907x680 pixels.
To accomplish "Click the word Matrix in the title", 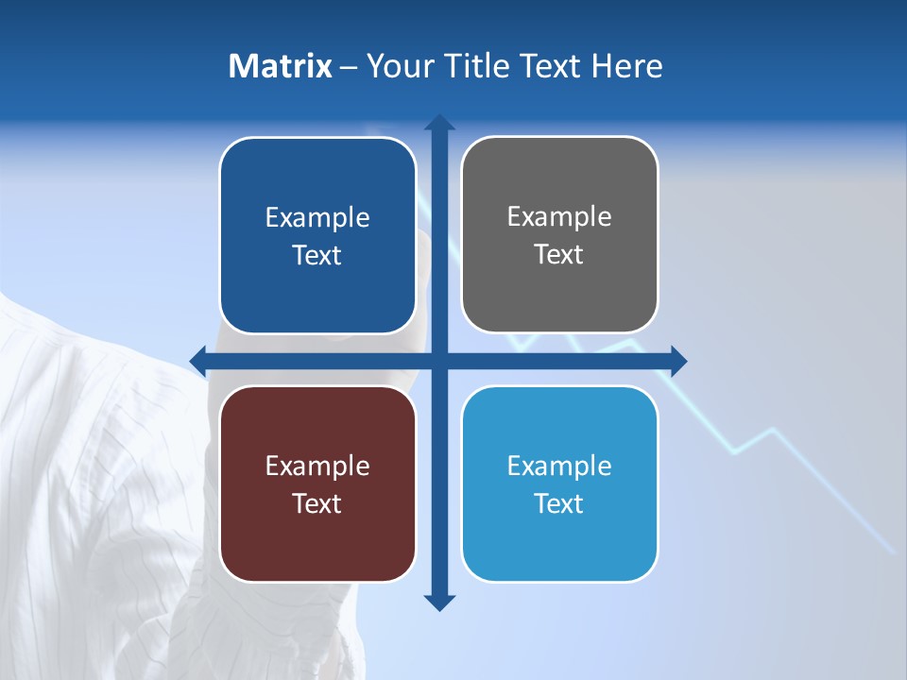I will click(281, 66).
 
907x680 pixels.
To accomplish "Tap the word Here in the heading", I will click(626, 66).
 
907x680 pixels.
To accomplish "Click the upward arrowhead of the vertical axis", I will click(438, 122).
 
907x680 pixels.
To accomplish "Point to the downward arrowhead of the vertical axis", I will click(438, 603).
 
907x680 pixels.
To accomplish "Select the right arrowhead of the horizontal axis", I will click(678, 360).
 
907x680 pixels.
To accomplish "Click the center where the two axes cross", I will click(438, 360).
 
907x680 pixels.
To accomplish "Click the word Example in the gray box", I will click(559, 217).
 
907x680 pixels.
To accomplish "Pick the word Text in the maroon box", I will click(317, 503).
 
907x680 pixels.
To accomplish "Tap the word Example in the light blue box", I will click(559, 466).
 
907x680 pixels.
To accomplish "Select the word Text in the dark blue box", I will click(317, 256).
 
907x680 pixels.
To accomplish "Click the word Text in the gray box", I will click(559, 255).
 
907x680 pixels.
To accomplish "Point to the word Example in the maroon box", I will click(317, 466).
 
